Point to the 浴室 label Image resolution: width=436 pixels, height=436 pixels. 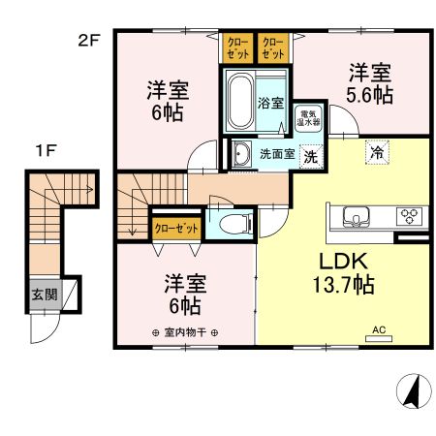(270, 102)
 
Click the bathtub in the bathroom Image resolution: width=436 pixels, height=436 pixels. (240, 103)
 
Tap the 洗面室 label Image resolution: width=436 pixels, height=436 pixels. (274, 153)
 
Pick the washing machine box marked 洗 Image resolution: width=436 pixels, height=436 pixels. (310, 154)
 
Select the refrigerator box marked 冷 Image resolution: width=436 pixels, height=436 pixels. (375, 153)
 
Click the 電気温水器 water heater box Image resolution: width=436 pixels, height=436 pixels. (308, 119)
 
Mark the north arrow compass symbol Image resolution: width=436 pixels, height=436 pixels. (412, 391)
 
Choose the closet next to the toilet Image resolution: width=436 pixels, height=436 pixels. (177, 228)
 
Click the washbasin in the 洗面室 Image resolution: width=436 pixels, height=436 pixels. (239, 153)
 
